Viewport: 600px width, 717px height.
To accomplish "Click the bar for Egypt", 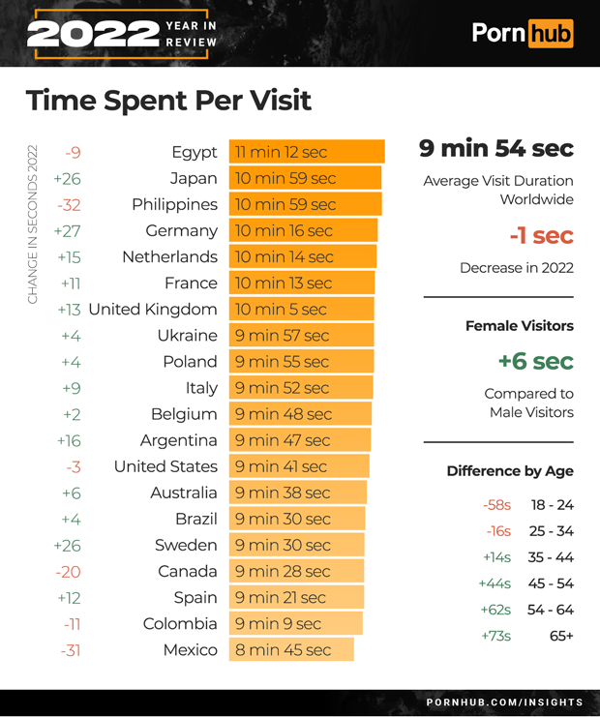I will click(307, 152).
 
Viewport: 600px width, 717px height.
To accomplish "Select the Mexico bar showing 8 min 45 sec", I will click(291, 649).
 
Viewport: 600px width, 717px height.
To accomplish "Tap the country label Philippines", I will click(174, 204).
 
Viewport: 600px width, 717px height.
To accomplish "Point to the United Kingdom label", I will click(152, 309).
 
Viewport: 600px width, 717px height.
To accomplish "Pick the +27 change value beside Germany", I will click(67, 230).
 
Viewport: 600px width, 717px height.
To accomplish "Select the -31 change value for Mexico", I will click(70, 649).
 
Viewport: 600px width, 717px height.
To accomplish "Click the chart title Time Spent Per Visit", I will click(168, 101).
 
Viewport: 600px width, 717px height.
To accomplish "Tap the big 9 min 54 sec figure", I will click(495, 149).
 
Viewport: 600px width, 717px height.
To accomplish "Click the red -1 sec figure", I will click(541, 235).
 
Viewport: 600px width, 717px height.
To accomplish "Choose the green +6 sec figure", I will click(535, 361).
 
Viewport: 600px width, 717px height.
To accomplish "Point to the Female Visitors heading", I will click(519, 326).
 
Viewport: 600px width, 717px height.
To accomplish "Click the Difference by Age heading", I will click(510, 471).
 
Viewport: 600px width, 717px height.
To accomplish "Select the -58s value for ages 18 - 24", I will click(496, 505).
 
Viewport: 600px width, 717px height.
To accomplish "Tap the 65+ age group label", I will click(561, 636).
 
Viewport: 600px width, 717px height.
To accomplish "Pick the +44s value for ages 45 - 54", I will click(495, 583).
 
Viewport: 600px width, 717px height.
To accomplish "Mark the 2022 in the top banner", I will click(93, 34).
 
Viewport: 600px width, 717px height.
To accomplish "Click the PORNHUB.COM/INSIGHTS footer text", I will click(504, 702).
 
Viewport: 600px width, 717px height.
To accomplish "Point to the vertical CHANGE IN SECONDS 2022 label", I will click(33, 224).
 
